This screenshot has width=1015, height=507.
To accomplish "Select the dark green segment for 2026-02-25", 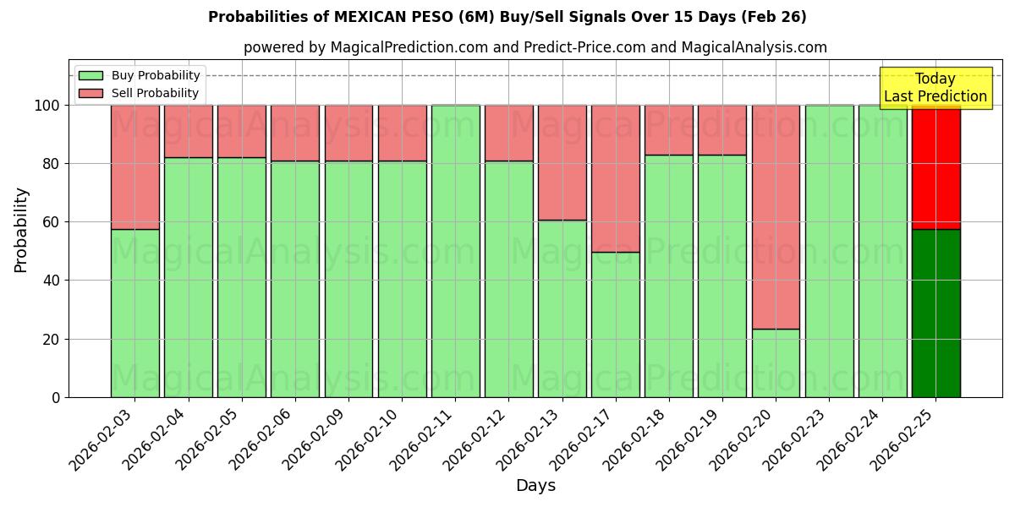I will click(x=935, y=313).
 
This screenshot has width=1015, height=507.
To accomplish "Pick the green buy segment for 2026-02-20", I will click(x=776, y=363).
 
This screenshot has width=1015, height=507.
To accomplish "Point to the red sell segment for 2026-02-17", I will click(x=615, y=178).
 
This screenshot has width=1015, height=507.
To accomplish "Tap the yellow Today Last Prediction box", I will click(x=935, y=88).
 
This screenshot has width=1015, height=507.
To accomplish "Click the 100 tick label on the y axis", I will click(x=47, y=106).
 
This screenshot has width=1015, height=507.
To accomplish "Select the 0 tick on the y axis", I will click(x=56, y=397).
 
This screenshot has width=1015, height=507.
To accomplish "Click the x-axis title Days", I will click(x=535, y=486).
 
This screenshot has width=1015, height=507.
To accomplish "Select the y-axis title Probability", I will click(x=21, y=230).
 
